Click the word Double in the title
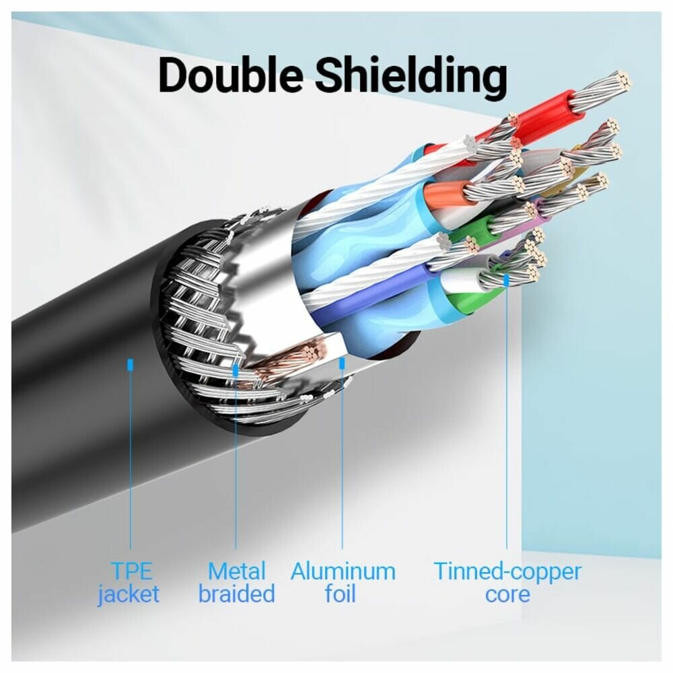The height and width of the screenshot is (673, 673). [231, 75]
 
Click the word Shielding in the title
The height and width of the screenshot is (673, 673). [411, 77]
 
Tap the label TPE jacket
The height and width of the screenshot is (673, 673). [130, 583]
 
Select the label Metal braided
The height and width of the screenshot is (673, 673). [236, 583]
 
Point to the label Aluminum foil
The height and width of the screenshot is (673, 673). [343, 583]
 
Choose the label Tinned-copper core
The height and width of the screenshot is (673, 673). [507, 583]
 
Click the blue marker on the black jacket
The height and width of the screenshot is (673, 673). [130, 364]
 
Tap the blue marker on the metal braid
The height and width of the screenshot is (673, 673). [236, 369]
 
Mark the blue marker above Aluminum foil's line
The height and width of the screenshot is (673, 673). [342, 364]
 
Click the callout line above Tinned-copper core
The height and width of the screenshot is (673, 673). [507, 417]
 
